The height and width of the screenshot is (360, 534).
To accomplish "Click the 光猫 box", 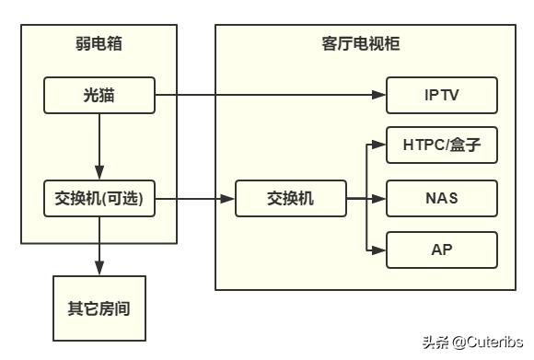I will click(x=99, y=95).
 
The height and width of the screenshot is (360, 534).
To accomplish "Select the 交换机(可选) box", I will click(x=99, y=198).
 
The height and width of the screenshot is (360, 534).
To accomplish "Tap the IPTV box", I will click(x=442, y=95).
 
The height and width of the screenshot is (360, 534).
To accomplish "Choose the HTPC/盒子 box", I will click(x=442, y=145).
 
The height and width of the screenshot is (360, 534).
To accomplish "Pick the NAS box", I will click(x=442, y=198).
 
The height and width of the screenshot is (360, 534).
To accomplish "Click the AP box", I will click(x=442, y=250).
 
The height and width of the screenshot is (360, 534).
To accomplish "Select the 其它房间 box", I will click(x=99, y=307).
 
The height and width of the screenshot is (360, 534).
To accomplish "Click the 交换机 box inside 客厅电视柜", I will click(x=290, y=198).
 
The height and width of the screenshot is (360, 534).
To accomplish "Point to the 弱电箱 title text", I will click(x=99, y=44).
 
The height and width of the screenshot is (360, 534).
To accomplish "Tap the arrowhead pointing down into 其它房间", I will click(x=99, y=268).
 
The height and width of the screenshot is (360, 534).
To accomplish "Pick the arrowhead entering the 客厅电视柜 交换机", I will click(x=229, y=198).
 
